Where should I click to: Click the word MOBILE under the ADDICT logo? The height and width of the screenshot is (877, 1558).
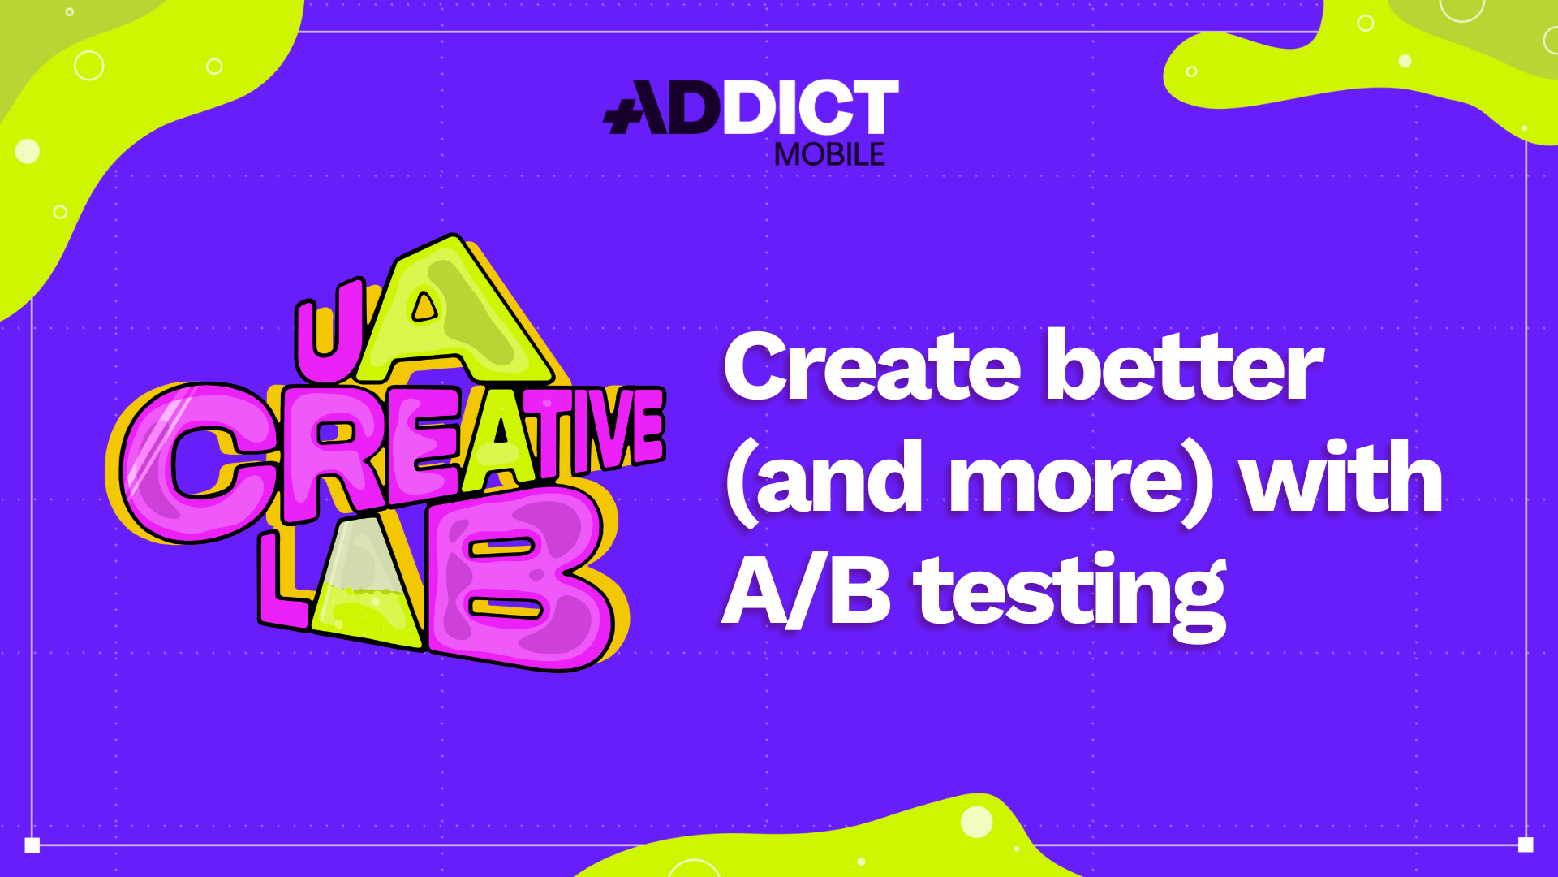pyautogui.click(x=829, y=154)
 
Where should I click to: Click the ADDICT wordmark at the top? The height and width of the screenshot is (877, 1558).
pyautogui.click(x=751, y=106)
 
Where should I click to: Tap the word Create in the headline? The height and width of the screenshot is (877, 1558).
pyautogui.click(x=872, y=366)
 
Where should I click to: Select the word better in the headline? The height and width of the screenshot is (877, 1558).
pyautogui.click(x=1185, y=366)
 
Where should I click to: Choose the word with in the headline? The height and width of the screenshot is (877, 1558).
pyautogui.click(x=1343, y=475)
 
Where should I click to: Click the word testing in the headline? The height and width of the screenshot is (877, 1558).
pyautogui.click(x=1071, y=597)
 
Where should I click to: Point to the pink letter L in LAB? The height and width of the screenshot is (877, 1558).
pyautogui.click(x=282, y=581)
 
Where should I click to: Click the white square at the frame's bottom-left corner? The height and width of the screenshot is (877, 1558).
pyautogui.click(x=32, y=845)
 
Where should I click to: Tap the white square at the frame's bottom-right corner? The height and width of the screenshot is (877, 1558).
pyautogui.click(x=1526, y=845)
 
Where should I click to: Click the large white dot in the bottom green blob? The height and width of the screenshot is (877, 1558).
pyautogui.click(x=977, y=822)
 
